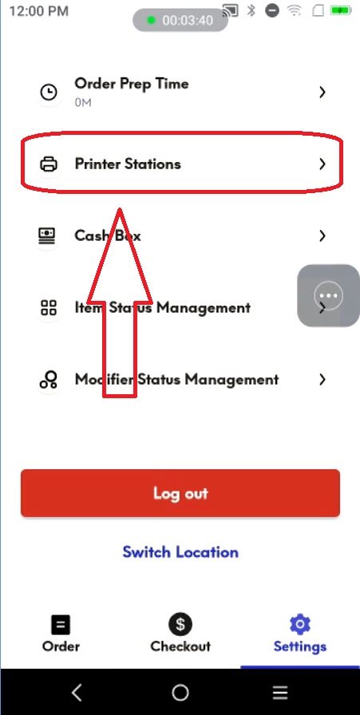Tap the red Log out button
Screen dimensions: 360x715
pos(180,493)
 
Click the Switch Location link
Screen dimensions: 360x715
pos(180,552)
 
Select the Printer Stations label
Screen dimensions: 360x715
pos(128,164)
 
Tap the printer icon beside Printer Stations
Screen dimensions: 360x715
pos(49,164)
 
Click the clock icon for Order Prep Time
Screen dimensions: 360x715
pos(49,93)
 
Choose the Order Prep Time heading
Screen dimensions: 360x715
pos(132,84)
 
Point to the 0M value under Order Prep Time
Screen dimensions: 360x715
pos(83,103)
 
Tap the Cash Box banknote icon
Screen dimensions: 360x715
pos(47,235)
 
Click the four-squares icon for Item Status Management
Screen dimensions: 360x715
pos(49,307)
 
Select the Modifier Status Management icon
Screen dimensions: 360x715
pos(49,379)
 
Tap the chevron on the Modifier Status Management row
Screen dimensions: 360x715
pos(322,379)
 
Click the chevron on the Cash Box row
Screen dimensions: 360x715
pos(322,235)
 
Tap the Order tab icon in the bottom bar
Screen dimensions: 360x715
pos(61,625)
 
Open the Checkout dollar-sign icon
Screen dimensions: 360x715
pos(180,624)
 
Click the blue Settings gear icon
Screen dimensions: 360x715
pos(300,624)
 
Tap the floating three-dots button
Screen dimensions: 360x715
pos(329,295)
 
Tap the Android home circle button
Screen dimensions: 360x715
pos(180,693)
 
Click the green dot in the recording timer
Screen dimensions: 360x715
pos(152,21)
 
